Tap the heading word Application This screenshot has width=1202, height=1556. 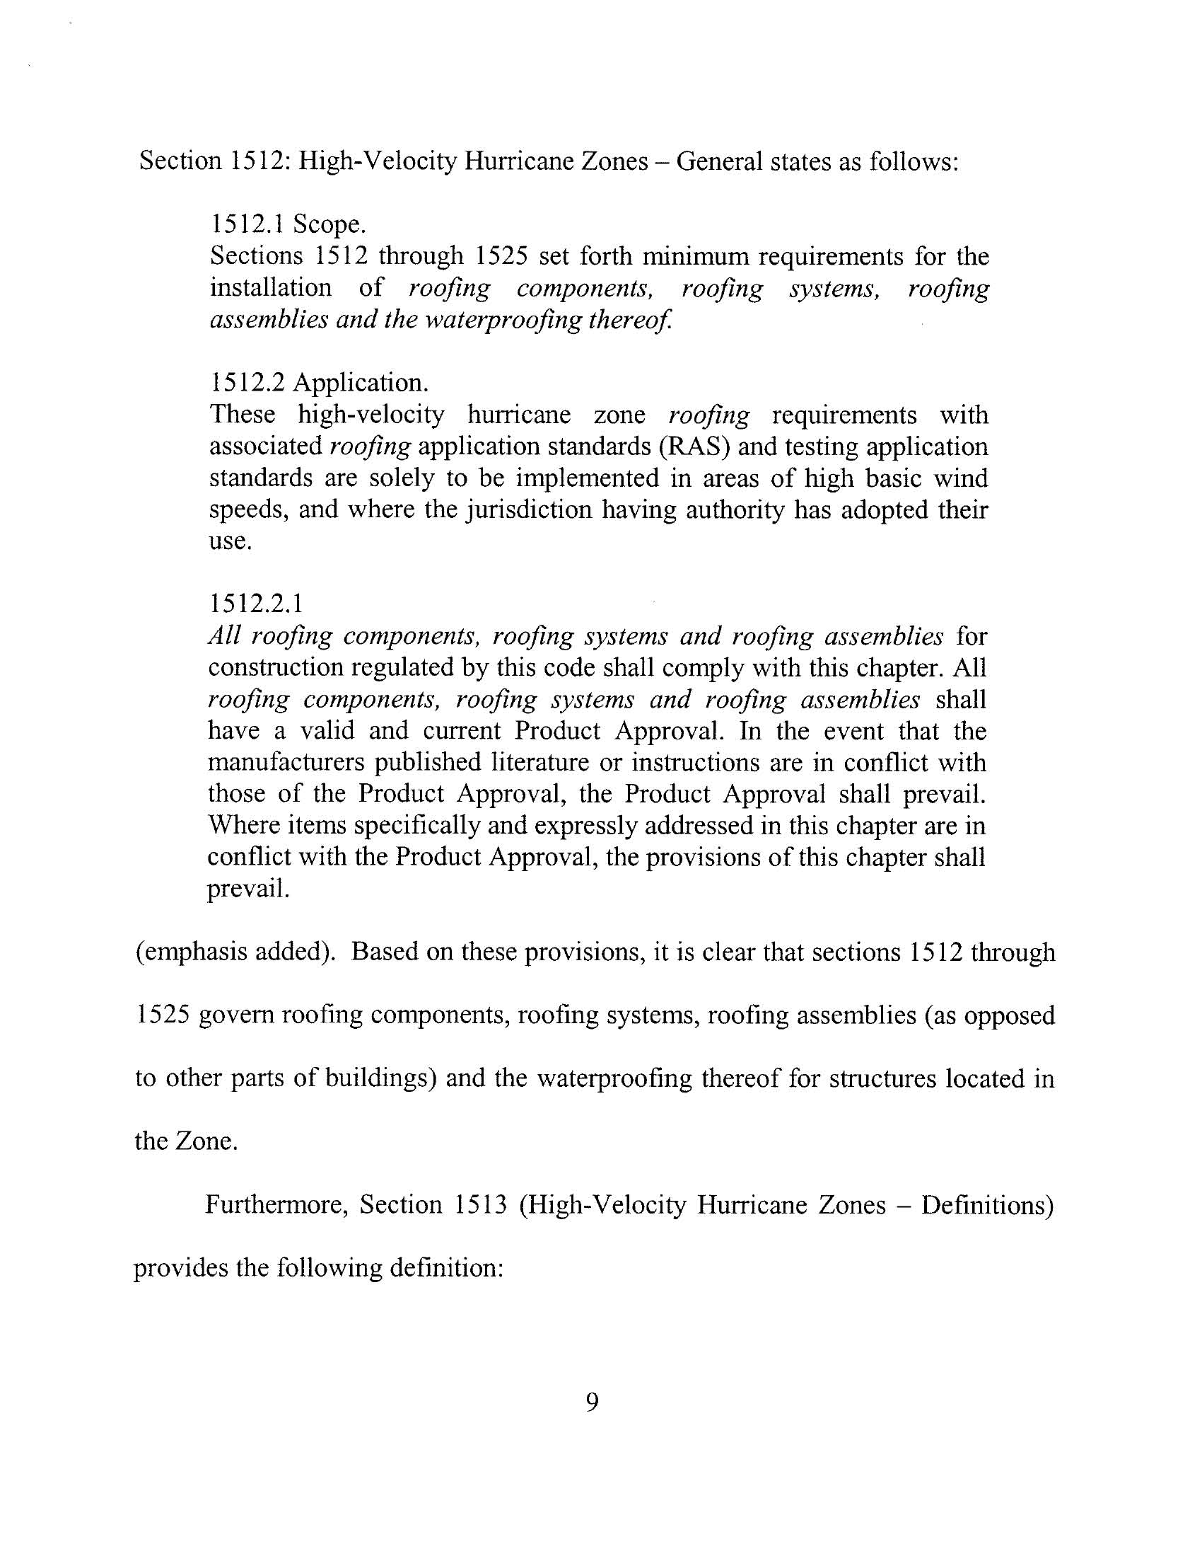(361, 383)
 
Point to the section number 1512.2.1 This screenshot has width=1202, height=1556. (256, 604)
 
